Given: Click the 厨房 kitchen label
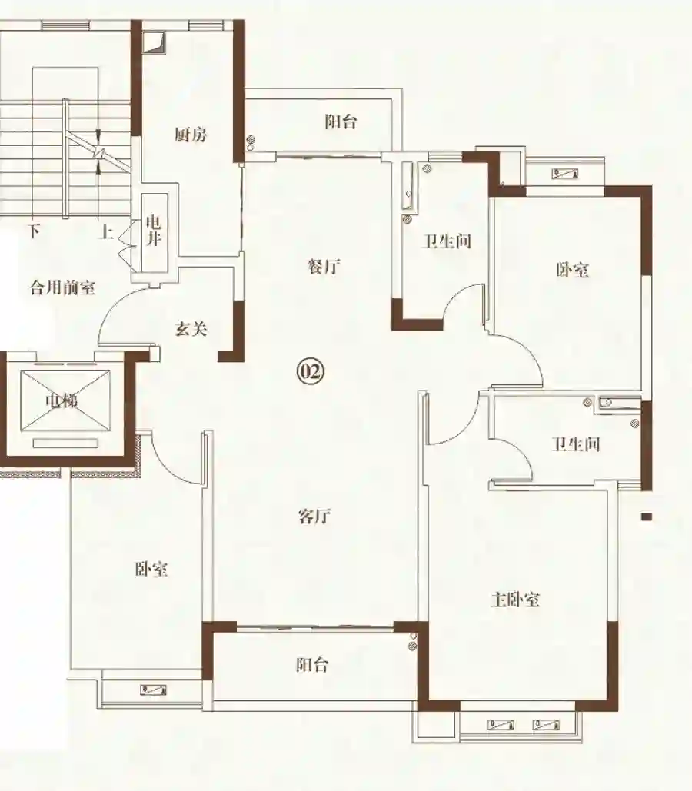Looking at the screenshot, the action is coord(191,135).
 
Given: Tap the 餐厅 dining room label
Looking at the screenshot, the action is coord(324,266).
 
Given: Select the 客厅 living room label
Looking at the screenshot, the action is coord(314,516).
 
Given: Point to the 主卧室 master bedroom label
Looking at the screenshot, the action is coord(515,600).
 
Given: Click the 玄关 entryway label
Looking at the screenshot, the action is coord(191,329).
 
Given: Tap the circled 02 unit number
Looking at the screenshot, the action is coord(310,372).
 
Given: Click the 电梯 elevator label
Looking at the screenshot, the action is coord(62,401).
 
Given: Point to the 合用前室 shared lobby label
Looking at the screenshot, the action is coord(63,287).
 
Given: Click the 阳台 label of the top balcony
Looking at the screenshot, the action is coord(341,121).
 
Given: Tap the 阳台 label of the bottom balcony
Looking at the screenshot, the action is coord(312,664).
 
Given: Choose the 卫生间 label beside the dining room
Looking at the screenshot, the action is coord(447,241).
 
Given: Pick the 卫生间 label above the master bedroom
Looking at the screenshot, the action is coord(576,444).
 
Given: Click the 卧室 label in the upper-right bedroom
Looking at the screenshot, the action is coord(572,269).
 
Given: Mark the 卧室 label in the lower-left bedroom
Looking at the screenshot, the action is coord(151,569).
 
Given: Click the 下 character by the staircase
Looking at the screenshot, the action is coord(34,231).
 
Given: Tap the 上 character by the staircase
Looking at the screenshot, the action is coord(105,232).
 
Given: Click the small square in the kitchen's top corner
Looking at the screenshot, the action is coord(152,43).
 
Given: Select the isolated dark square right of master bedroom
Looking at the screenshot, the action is coord(647,517).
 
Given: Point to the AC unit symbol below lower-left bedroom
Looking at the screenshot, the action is coord(154,690).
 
